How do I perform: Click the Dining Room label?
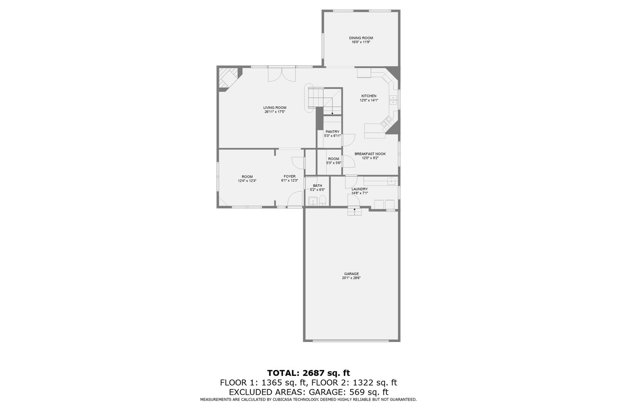(x=361, y=38)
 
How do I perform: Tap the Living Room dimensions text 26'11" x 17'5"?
(x=275, y=112)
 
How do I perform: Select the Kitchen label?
(x=369, y=96)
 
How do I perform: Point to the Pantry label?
(x=332, y=132)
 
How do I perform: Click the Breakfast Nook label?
(x=370, y=154)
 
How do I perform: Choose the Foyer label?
(x=290, y=177)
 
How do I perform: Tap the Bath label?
(x=317, y=186)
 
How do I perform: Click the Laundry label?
(x=359, y=189)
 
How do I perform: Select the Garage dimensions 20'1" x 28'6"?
(x=351, y=278)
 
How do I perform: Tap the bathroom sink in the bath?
(x=312, y=200)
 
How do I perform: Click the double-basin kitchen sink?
(x=393, y=100)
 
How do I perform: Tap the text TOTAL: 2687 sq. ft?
(x=308, y=373)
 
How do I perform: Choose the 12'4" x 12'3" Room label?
(x=247, y=179)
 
